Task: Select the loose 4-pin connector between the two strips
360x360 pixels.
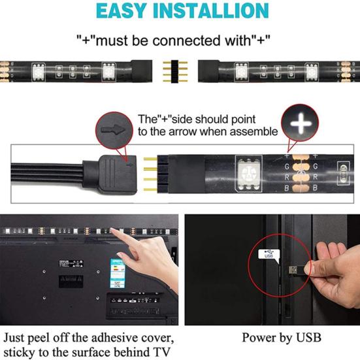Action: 180,68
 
